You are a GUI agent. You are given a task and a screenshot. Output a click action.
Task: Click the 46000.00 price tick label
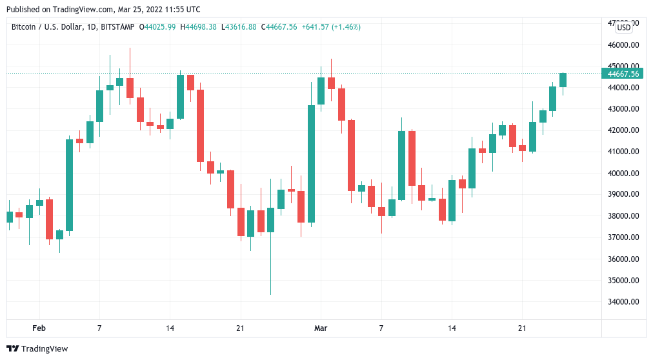623,45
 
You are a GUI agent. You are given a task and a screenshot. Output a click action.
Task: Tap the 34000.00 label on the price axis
623,302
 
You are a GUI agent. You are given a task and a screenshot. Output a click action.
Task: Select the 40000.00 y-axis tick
623,174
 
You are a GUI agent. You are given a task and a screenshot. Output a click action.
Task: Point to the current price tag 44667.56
623,74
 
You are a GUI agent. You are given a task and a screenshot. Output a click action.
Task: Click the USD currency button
624,27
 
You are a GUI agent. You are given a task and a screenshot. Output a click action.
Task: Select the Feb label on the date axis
39,328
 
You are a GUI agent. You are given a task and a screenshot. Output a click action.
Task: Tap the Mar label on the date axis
321,328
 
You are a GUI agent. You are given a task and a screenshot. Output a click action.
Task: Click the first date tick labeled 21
240,328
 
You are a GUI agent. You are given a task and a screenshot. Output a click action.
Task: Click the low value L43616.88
239,27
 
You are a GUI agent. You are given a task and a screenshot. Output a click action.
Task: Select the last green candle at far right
563,80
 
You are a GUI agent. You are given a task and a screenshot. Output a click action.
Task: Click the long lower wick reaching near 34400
270,265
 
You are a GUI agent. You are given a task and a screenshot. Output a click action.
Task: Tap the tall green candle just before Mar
311,164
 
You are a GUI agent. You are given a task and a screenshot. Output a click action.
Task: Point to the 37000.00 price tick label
623,237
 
